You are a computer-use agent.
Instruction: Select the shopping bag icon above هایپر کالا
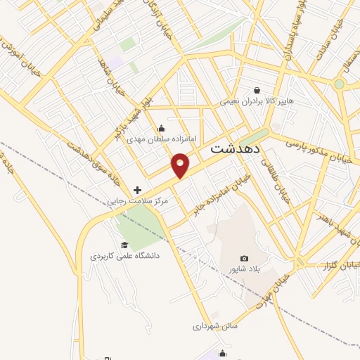(x=257, y=90)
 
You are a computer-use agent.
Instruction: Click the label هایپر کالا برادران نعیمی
(x=258, y=101)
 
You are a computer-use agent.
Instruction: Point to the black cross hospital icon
(x=137, y=190)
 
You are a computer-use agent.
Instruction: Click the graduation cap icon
(x=124, y=245)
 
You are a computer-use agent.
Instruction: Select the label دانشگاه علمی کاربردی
(x=124, y=256)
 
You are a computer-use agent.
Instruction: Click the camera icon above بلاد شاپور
(x=245, y=259)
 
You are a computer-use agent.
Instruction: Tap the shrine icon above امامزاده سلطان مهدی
(x=162, y=128)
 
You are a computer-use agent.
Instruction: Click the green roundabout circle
(x=340, y=84)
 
